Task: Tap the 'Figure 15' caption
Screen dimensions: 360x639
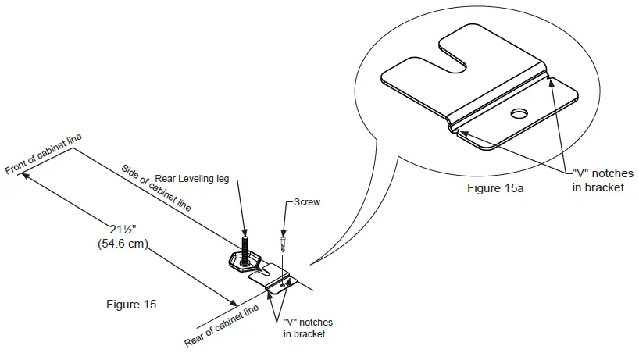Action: (130, 305)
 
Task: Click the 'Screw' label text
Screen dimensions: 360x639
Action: (307, 201)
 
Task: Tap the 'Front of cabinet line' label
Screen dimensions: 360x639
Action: (43, 155)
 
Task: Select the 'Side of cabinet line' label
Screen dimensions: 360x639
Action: (156, 187)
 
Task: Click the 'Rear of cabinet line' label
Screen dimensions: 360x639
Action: (222, 326)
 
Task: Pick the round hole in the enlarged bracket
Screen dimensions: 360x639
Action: (519, 114)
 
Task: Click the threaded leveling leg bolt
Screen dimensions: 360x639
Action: (245, 249)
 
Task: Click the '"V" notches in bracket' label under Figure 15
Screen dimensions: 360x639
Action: (308, 328)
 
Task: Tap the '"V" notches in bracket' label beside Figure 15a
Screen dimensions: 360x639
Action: (598, 180)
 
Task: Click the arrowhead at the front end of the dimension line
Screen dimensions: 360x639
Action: (27, 176)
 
